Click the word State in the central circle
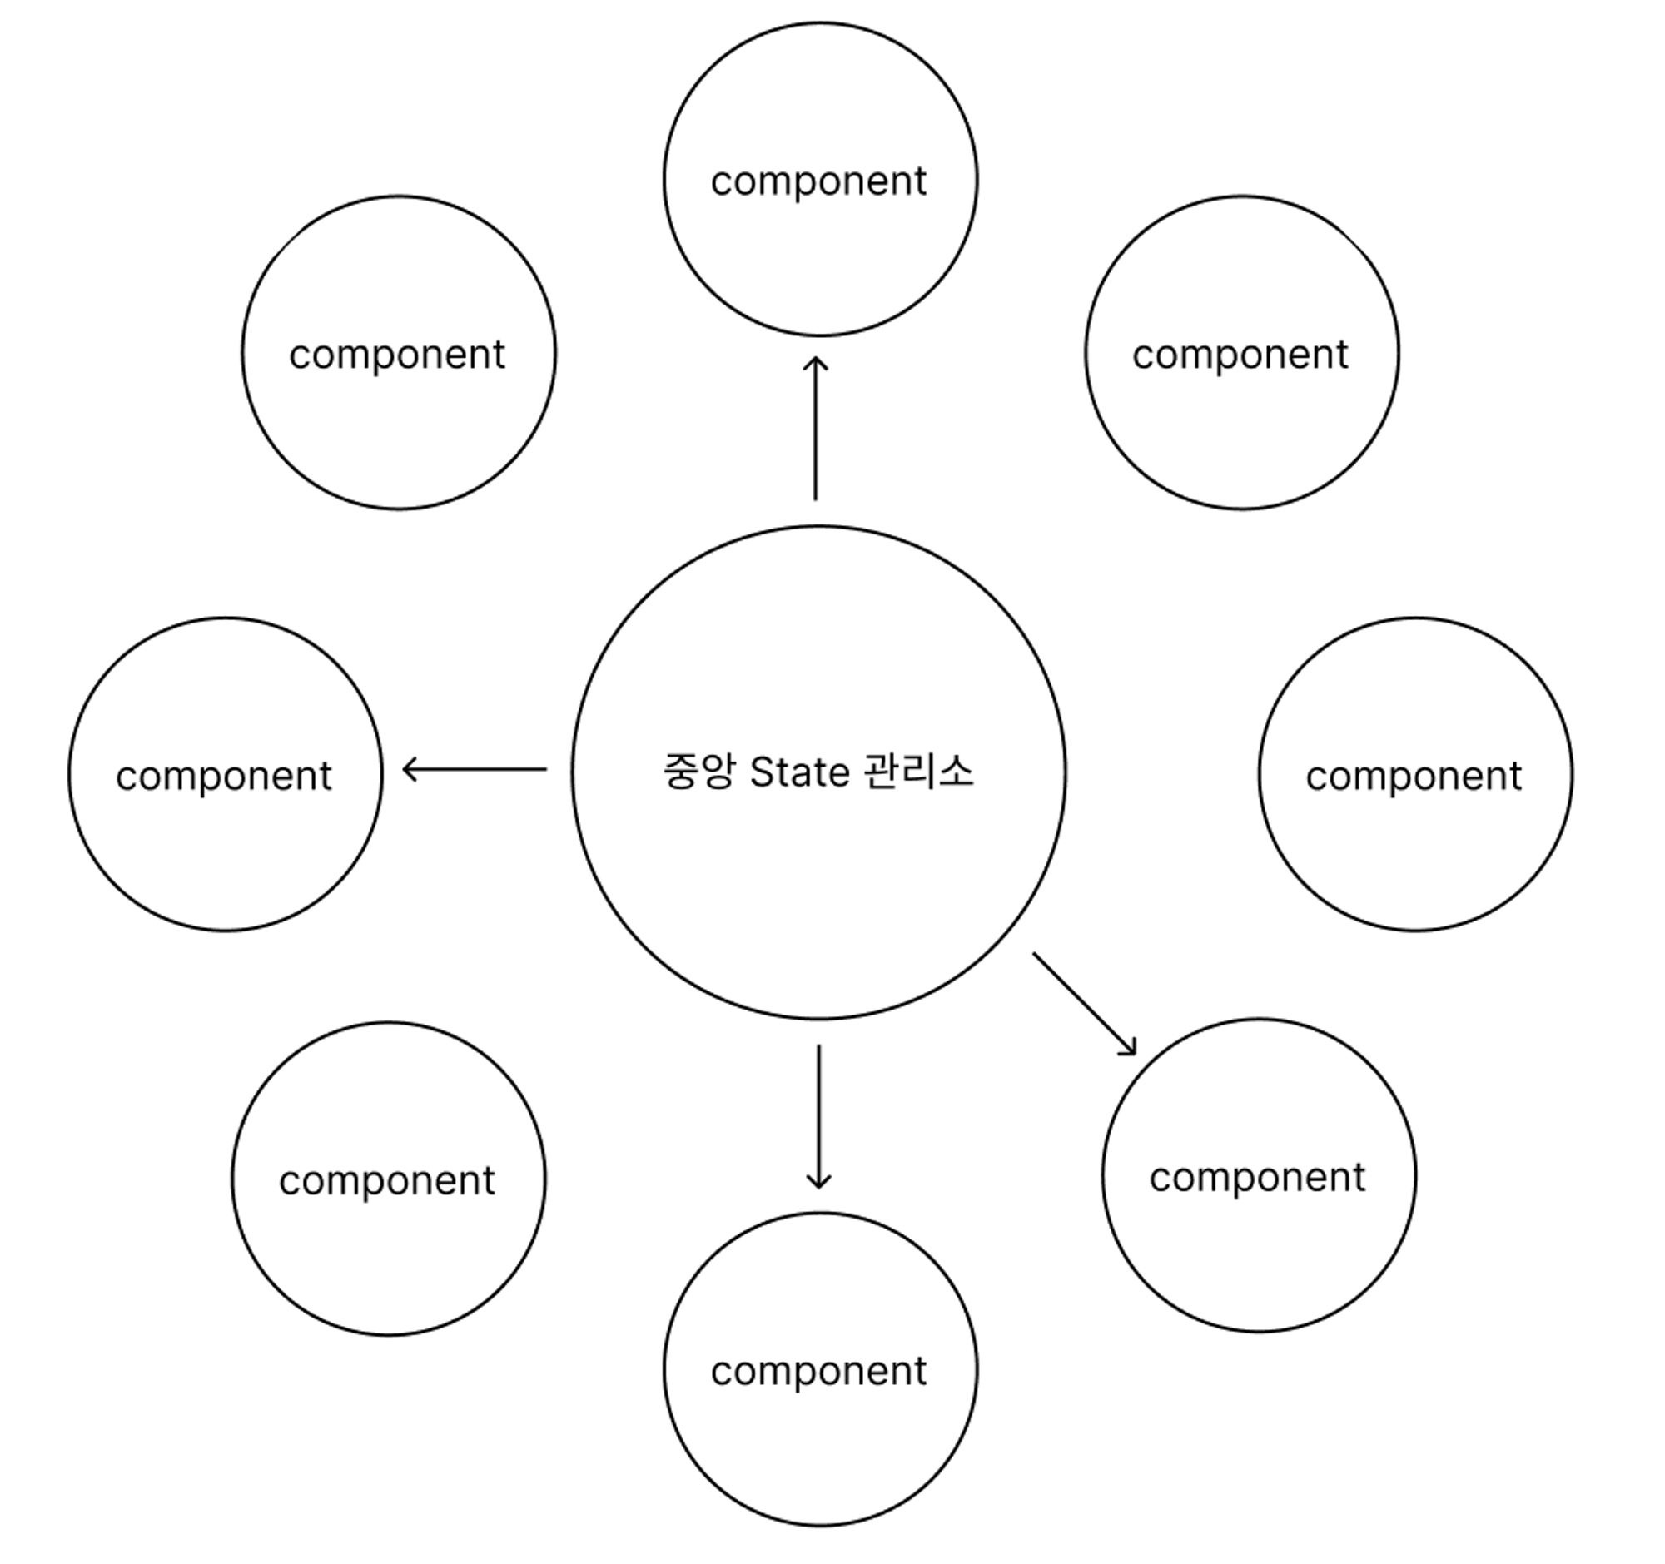[799, 772]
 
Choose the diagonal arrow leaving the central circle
[1085, 1003]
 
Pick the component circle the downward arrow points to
[820, 1440]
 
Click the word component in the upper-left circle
[397, 355]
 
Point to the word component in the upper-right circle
[1240, 355]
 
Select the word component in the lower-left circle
[387, 1181]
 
